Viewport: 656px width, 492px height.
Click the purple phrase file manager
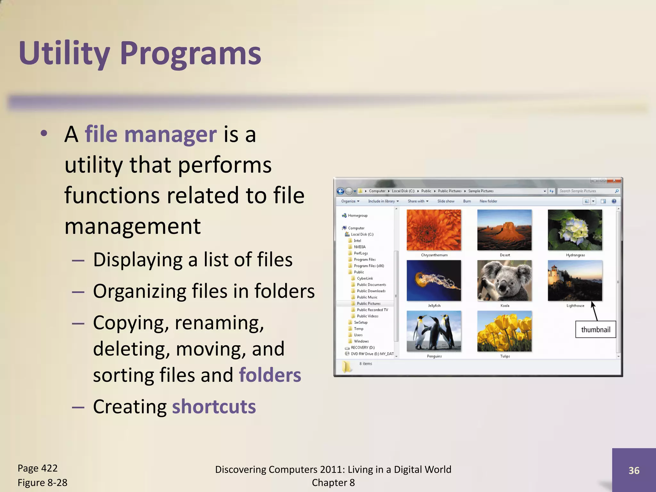click(151, 134)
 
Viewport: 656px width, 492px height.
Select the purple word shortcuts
click(214, 407)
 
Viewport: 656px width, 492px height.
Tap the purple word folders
click(270, 375)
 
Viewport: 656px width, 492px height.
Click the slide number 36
click(634, 470)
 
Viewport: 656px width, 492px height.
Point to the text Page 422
click(37, 468)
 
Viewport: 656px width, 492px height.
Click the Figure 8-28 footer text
click(42, 483)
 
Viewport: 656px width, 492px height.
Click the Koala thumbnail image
click(504, 281)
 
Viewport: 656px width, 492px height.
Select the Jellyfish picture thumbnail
click(434, 281)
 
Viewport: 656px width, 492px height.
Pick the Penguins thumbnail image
click(434, 331)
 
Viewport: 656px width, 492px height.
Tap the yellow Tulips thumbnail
click(504, 331)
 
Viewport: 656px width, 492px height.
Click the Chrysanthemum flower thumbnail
click(434, 230)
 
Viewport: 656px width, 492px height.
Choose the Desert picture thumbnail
click(504, 230)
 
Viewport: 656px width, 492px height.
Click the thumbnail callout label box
click(595, 330)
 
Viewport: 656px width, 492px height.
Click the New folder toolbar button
click(488, 201)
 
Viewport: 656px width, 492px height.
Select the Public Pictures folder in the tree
click(368, 303)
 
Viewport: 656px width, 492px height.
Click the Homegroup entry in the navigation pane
click(357, 216)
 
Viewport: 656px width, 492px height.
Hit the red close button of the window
click(614, 181)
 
